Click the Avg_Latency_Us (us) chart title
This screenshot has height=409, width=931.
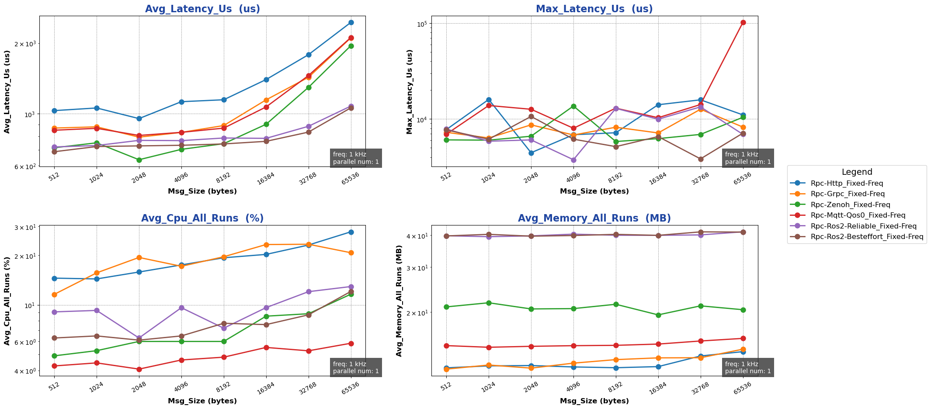[202, 9]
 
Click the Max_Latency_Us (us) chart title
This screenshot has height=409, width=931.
[594, 9]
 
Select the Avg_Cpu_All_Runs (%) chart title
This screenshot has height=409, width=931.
[202, 218]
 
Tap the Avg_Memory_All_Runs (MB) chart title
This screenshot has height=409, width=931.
[594, 218]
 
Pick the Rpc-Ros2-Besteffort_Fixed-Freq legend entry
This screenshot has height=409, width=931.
[867, 237]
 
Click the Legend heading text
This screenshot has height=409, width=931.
[857, 172]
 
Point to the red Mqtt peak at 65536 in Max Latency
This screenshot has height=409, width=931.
[743, 22]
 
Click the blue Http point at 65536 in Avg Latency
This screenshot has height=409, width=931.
[351, 22]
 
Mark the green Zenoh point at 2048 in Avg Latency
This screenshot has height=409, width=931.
[139, 160]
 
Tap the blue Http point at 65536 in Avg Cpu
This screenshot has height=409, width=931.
[351, 232]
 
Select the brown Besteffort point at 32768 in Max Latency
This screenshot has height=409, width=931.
[701, 159]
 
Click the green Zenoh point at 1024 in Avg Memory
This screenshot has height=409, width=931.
[489, 303]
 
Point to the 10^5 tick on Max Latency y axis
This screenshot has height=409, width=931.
[421, 24]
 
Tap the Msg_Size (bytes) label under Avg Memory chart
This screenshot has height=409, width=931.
[594, 401]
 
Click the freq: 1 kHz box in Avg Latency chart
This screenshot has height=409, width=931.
[356, 158]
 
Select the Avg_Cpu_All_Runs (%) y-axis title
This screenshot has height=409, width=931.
[7, 300]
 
